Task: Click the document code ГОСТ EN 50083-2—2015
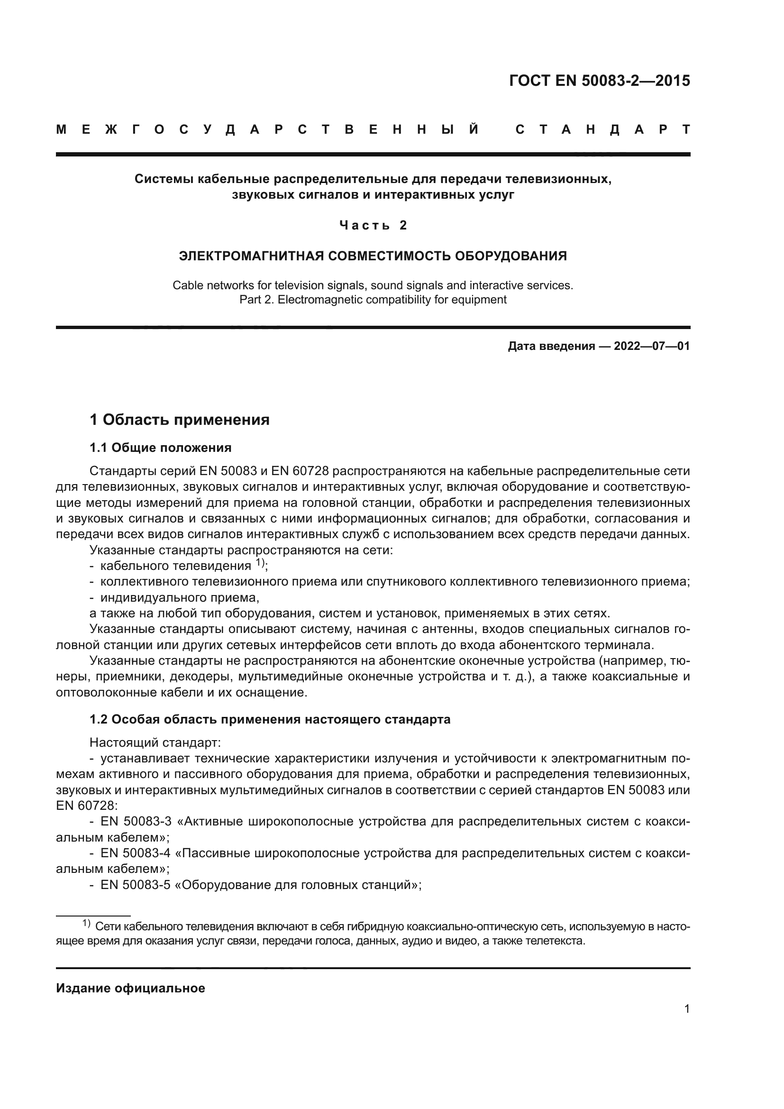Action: pos(599,81)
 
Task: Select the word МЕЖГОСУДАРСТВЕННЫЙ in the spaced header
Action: pos(268,130)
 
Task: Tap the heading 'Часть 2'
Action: pos(373,225)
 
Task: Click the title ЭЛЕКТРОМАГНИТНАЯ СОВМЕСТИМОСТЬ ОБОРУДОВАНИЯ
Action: pos(373,256)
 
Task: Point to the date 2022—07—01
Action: pos(652,346)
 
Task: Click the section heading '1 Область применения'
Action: pos(180,420)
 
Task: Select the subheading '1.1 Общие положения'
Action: pos(160,448)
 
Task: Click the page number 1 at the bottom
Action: pos(687,1009)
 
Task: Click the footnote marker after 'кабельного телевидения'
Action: pos(260,563)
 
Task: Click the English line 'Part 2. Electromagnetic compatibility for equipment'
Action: pos(373,300)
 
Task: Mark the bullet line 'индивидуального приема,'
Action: pos(180,597)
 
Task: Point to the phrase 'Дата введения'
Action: pos(551,346)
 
